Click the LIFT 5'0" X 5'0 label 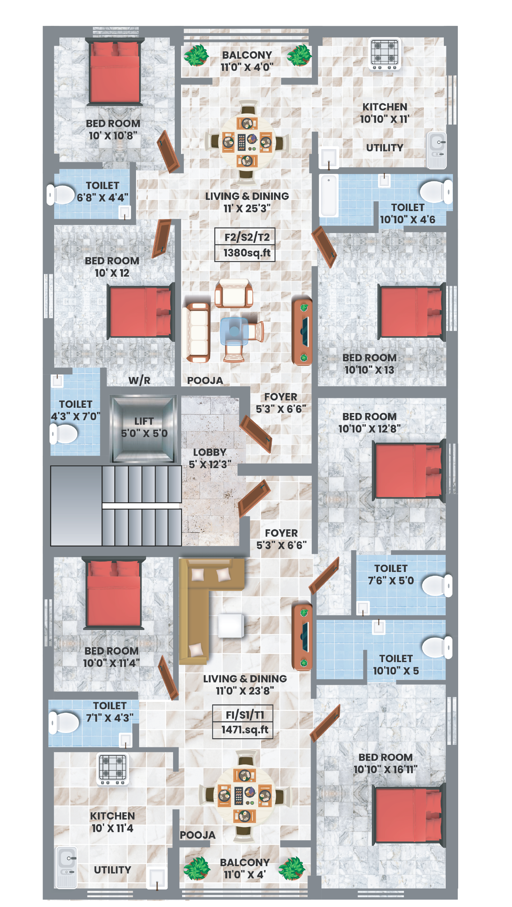[x=144, y=427]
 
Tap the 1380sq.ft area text [x=247, y=253]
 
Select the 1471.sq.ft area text [x=245, y=730]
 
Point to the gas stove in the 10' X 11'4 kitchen [x=113, y=769]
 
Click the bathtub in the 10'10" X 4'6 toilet [x=329, y=196]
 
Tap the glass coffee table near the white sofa [x=234, y=331]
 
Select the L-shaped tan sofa [x=211, y=611]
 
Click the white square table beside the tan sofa [x=231, y=626]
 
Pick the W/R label [x=139, y=380]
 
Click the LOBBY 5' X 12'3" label [x=210, y=458]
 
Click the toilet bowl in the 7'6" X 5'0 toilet [x=437, y=586]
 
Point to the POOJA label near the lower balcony [x=197, y=835]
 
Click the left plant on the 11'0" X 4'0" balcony [x=196, y=55]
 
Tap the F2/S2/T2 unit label [x=247, y=237]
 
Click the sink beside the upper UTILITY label [x=436, y=150]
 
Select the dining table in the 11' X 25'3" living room [x=246, y=142]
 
